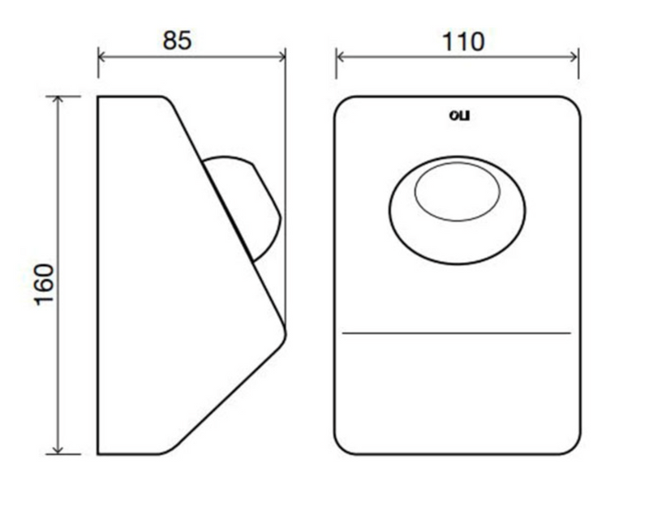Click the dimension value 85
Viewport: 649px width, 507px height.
pos(177,41)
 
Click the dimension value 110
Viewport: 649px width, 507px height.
pos(463,42)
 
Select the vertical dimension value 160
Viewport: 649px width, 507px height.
pos(45,285)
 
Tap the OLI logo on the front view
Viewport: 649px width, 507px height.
pos(459,115)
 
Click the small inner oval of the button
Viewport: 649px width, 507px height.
pos(458,191)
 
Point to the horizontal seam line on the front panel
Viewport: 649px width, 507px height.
pos(457,333)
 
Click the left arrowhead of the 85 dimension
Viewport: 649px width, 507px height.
pos(101,57)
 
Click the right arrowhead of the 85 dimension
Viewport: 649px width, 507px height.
pos(282,57)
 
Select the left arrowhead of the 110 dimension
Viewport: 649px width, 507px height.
pos(339,57)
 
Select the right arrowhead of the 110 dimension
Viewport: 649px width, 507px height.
pos(574,57)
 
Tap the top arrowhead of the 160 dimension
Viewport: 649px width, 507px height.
pos(58,99)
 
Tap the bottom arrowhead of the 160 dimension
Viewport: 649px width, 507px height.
pos(58,450)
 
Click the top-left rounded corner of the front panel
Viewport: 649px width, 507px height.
pos(341,103)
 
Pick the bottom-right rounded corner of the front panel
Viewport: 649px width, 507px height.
pos(574,448)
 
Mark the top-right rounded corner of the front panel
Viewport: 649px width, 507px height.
pos(574,103)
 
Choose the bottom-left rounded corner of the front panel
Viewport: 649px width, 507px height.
pos(341,448)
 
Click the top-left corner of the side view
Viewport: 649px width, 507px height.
pos(98,97)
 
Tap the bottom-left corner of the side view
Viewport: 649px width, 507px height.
pos(98,454)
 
